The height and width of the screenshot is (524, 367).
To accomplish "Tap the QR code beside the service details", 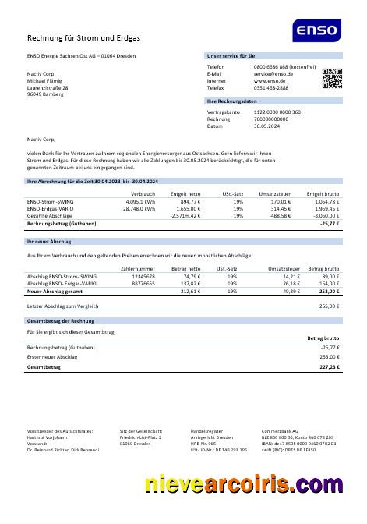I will (332, 76).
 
